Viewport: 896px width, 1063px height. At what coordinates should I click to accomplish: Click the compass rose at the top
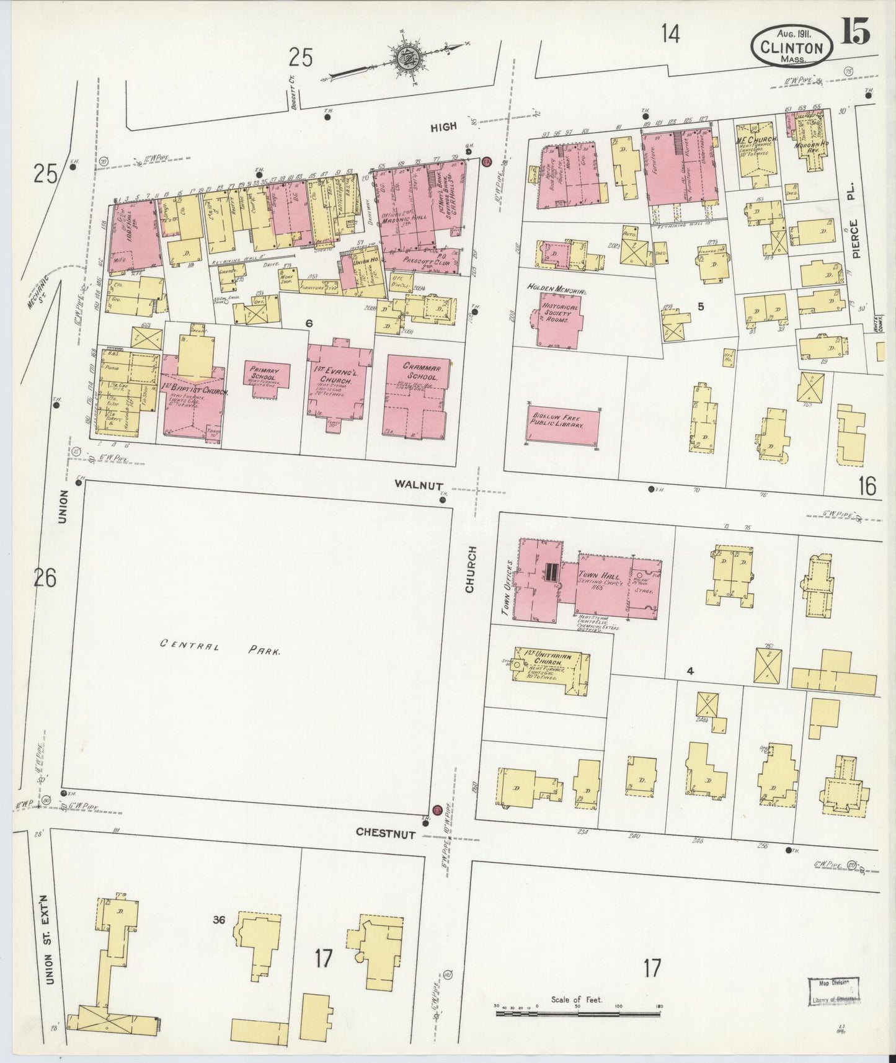coord(409,58)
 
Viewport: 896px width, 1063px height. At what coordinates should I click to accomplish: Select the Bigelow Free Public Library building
coord(563,426)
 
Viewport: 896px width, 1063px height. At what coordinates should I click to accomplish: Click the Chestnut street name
coord(386,834)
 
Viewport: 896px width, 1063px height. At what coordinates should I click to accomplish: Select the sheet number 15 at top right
coord(856,32)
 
